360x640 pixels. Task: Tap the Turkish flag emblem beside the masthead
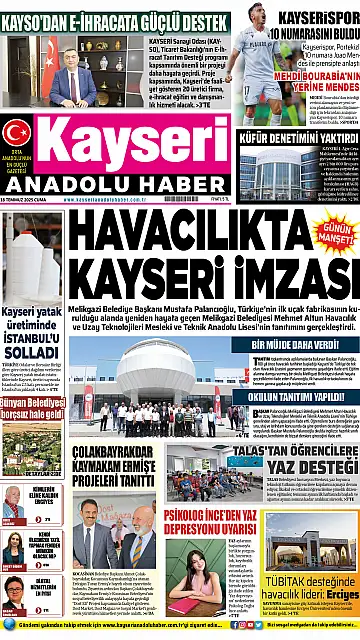click(16, 132)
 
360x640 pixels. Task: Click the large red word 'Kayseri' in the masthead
click(134, 131)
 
